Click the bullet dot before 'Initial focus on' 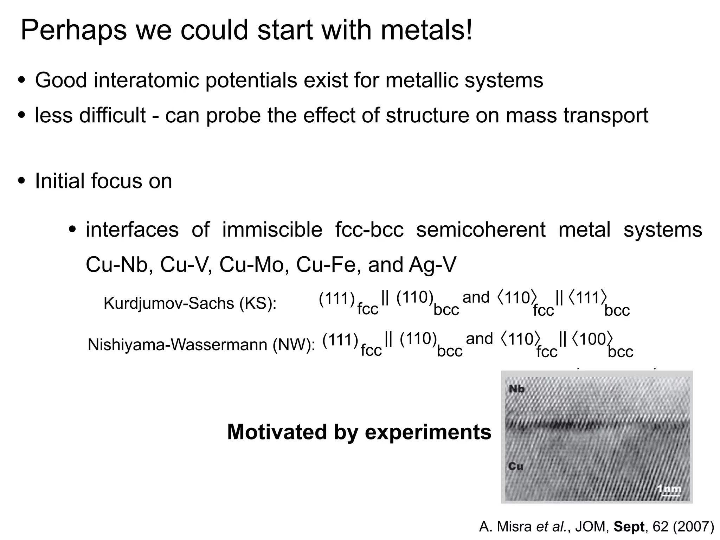tap(22, 181)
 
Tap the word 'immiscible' tap(272, 230)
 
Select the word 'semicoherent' tap(481, 230)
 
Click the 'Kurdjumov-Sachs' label tap(169, 303)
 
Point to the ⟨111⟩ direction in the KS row tap(587, 298)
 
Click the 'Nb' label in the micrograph tap(516, 389)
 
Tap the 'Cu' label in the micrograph tap(515, 467)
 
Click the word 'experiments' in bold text tap(428, 432)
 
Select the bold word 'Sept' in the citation tap(629, 527)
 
